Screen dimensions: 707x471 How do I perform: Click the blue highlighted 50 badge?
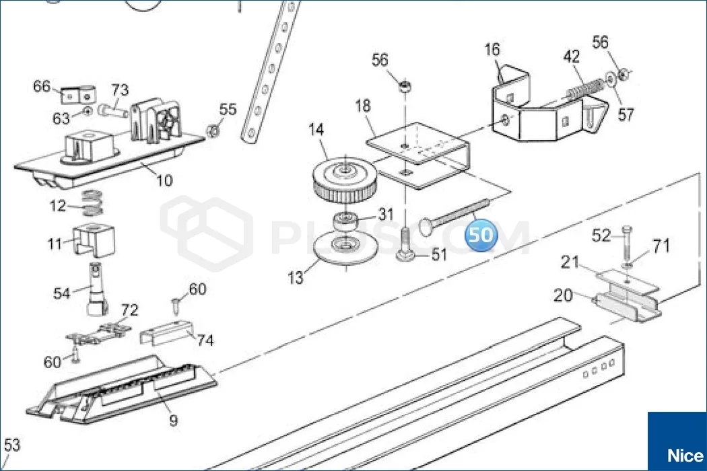point(481,235)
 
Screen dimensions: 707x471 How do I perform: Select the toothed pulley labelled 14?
point(344,180)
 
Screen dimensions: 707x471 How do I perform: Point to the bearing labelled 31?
point(345,221)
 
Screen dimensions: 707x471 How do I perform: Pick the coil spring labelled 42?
point(585,89)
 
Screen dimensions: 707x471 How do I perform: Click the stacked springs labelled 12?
point(92,203)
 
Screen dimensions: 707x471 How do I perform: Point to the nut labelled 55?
point(213,131)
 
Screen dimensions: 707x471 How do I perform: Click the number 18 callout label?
point(363,106)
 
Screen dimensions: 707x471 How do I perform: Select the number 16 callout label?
point(492,49)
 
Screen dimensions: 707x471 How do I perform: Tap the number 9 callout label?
point(173,420)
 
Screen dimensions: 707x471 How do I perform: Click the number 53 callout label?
point(11,445)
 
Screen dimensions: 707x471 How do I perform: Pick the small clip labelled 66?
point(79,94)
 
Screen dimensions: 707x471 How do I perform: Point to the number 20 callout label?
point(563,295)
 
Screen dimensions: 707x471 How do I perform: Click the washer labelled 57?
point(611,79)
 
